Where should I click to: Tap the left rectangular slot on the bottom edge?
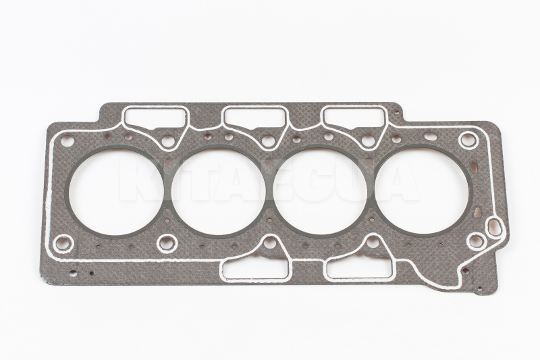[246, 271]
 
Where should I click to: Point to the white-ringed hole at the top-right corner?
[467, 140]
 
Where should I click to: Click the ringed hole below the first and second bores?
[165, 241]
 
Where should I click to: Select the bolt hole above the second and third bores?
[268, 141]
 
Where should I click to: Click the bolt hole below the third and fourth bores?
[373, 241]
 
